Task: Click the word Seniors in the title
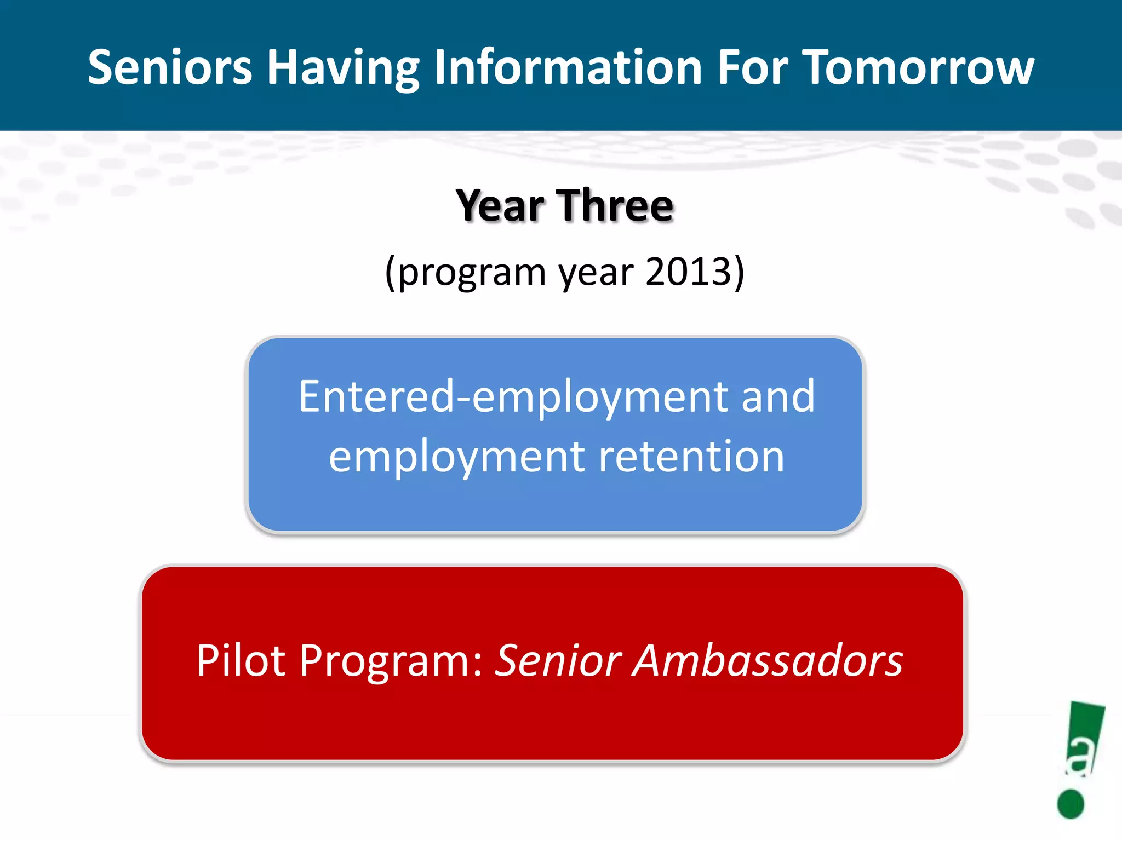pyautogui.click(x=170, y=67)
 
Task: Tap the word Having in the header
pyautogui.click(x=343, y=67)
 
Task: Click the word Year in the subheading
pyautogui.click(x=500, y=206)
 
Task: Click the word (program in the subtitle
pyautogui.click(x=465, y=272)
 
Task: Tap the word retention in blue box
pyautogui.click(x=691, y=457)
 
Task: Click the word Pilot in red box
pyautogui.click(x=241, y=661)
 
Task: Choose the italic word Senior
pyautogui.click(x=558, y=661)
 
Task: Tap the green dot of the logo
pyautogui.click(x=1071, y=804)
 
